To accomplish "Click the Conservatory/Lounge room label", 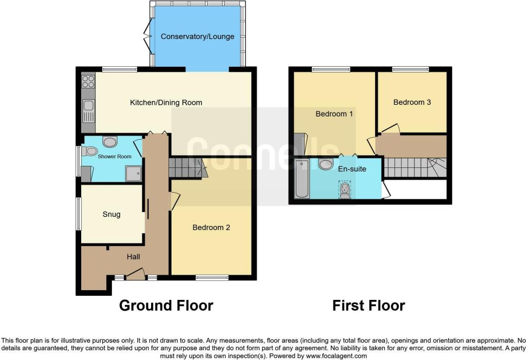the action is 197,36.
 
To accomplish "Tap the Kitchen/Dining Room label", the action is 166,103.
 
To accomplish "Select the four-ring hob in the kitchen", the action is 88,82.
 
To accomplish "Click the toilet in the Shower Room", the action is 88,151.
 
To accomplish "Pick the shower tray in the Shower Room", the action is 133,174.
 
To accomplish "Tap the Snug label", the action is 111,214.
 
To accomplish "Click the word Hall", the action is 133,257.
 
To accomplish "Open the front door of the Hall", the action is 135,274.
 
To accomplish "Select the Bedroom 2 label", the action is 211,228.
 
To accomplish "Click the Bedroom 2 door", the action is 175,201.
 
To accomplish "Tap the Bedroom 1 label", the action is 334,114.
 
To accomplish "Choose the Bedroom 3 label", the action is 412,102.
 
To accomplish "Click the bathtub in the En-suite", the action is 302,179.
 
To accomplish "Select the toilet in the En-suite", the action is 345,190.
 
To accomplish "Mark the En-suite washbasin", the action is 325,164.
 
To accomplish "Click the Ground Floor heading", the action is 166,306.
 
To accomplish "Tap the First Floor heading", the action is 369,306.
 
